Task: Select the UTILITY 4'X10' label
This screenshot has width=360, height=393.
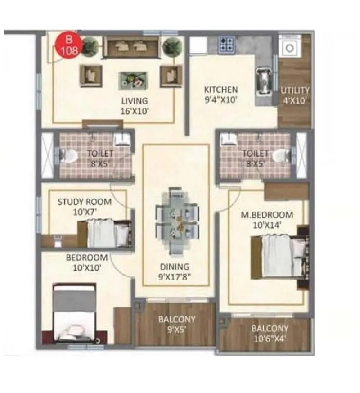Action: click(x=295, y=95)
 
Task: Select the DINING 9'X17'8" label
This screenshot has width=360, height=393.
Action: click(x=175, y=271)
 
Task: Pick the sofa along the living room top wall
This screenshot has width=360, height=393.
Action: click(x=131, y=46)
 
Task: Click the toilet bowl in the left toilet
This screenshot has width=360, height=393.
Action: click(x=68, y=155)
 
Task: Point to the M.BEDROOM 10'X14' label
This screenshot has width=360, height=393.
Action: click(x=266, y=219)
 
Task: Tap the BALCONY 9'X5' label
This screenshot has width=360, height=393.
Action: click(x=177, y=323)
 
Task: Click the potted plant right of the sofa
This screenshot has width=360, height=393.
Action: click(x=171, y=45)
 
